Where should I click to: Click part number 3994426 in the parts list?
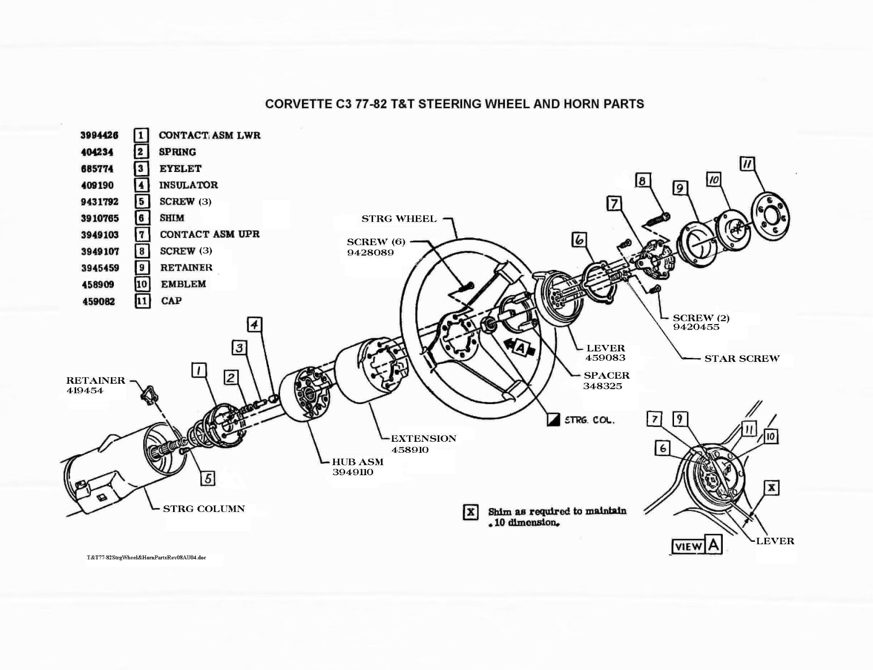click(x=99, y=135)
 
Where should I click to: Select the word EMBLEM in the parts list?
click(x=183, y=284)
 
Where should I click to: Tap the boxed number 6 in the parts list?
click(x=142, y=218)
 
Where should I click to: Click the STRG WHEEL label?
click(x=399, y=219)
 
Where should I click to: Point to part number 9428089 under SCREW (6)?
click(x=370, y=252)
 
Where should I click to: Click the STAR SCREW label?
click(x=741, y=358)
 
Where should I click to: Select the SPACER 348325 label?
click(x=606, y=380)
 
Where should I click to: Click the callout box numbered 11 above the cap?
click(x=747, y=164)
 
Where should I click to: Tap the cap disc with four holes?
click(x=771, y=216)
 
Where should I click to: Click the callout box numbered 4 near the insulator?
click(x=254, y=325)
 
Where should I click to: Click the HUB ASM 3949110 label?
click(x=357, y=467)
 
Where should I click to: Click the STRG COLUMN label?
click(x=203, y=508)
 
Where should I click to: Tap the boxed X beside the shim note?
click(x=471, y=512)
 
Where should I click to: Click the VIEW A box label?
click(x=696, y=546)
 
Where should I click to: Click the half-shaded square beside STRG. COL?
click(x=553, y=420)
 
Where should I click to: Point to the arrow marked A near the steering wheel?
click(x=519, y=347)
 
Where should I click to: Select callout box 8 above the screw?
click(x=643, y=180)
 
